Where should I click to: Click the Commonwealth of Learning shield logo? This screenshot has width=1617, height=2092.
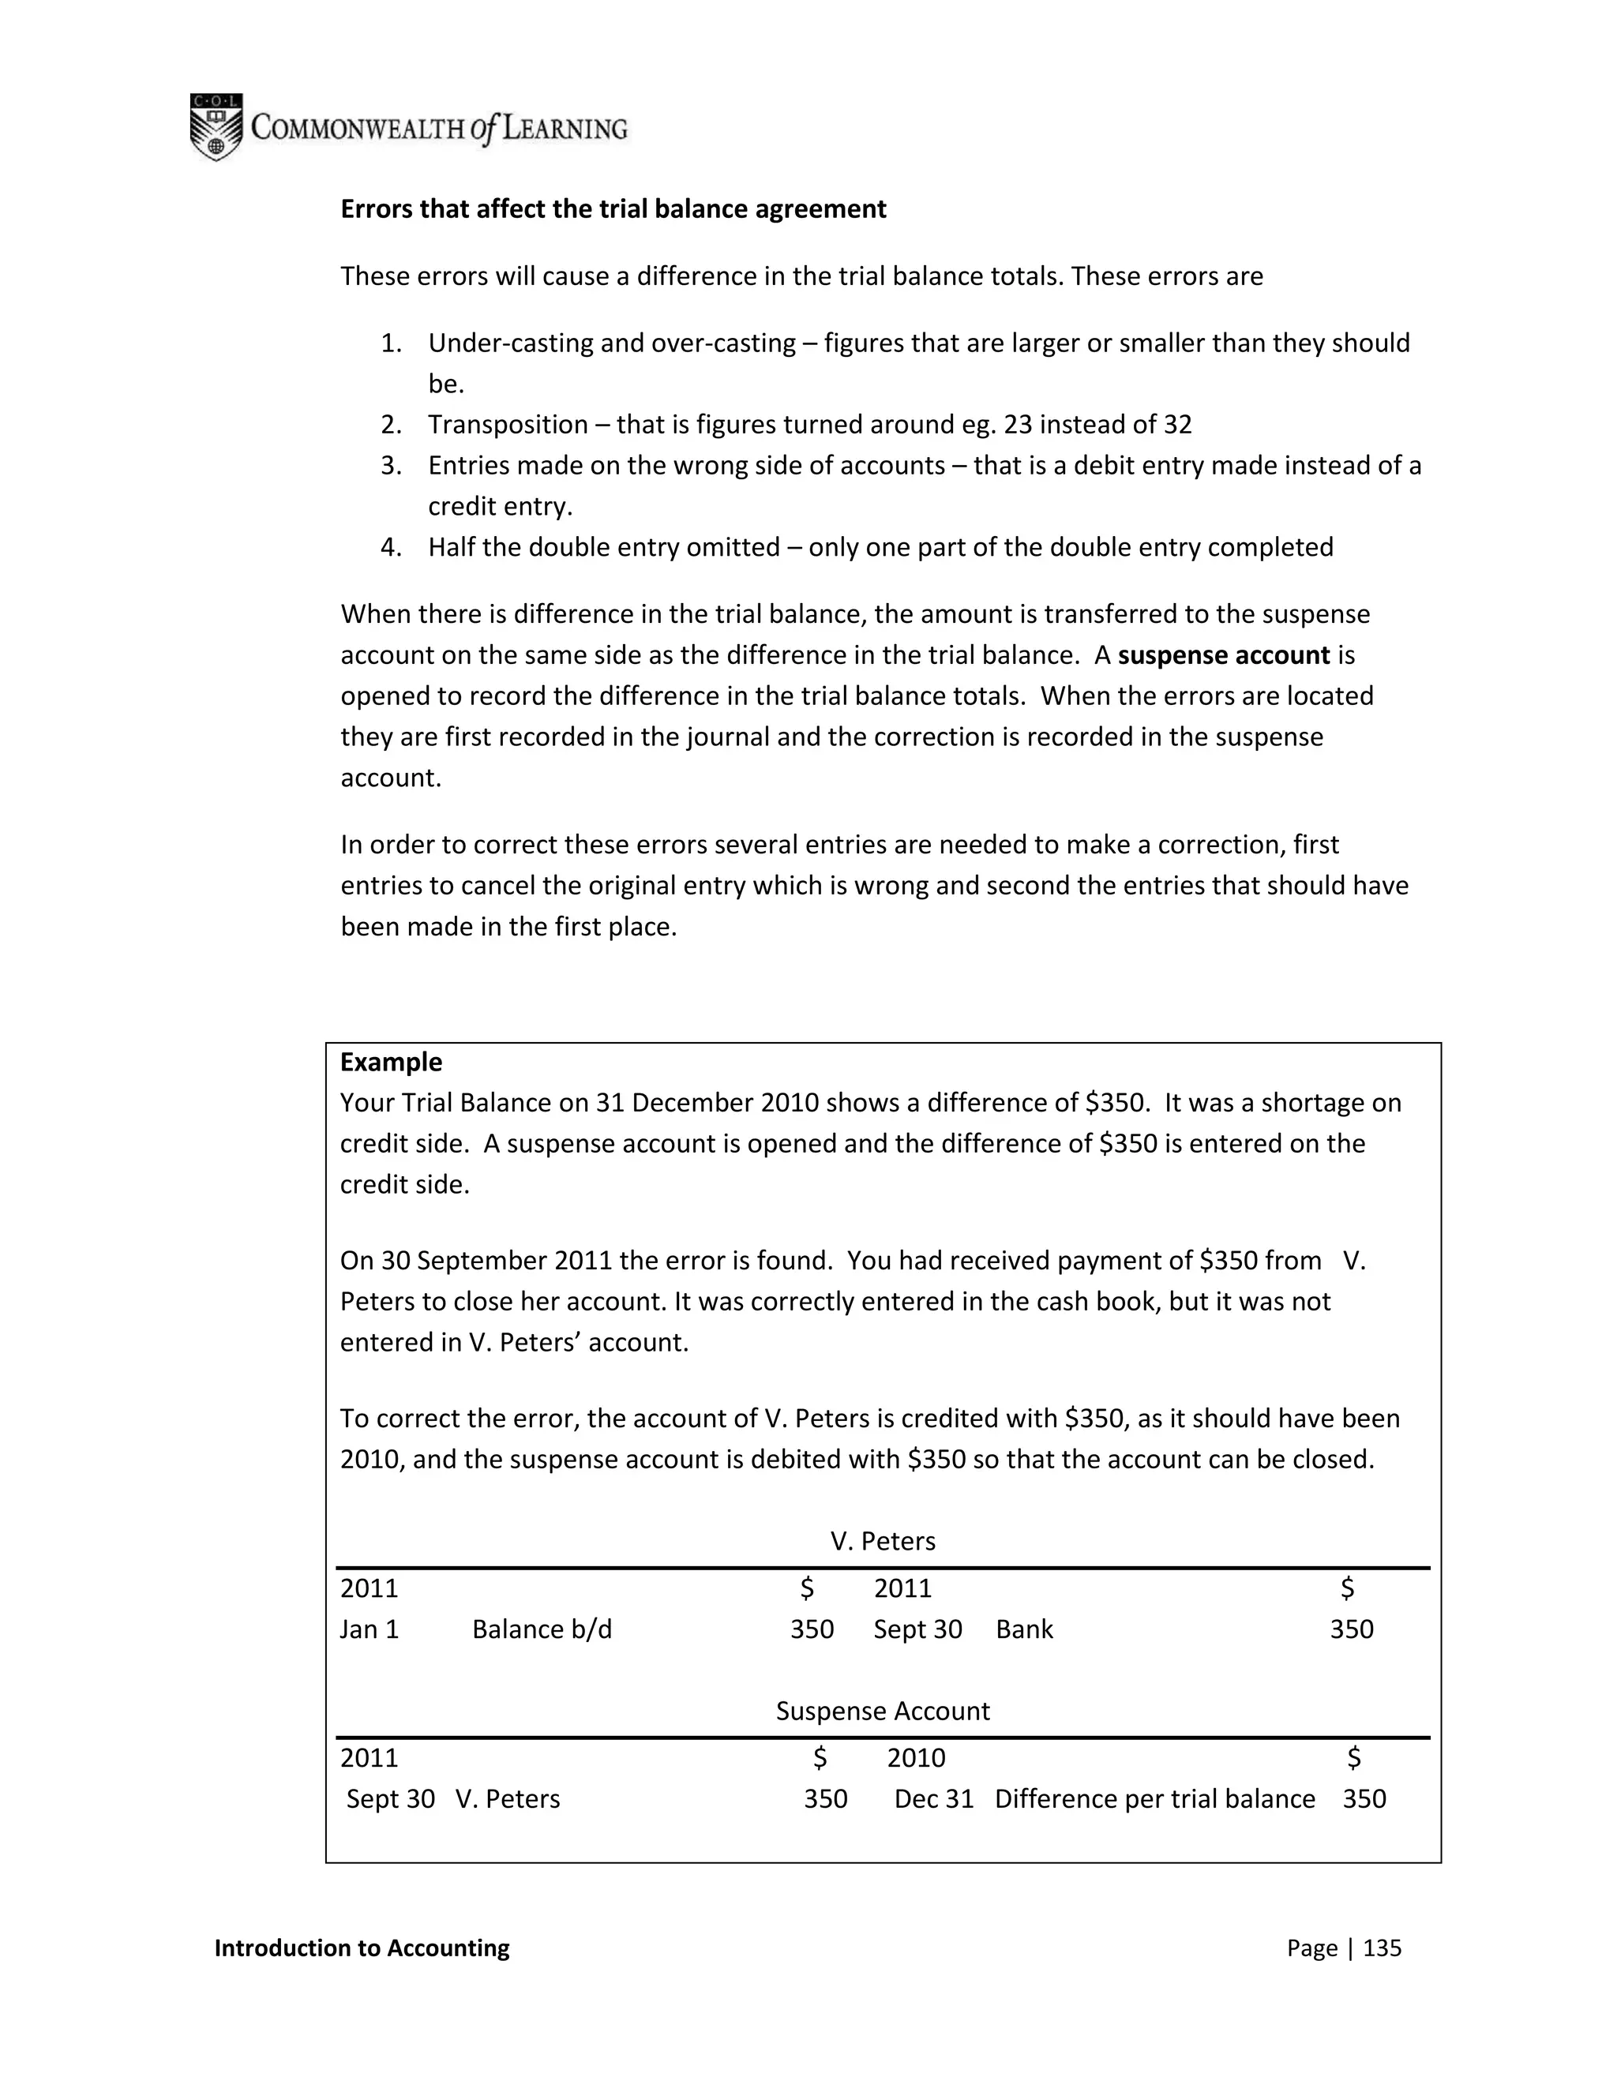point(216,126)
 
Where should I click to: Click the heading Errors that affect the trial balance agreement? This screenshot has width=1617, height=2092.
point(613,209)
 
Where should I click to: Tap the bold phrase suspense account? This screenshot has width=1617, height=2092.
point(1223,655)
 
